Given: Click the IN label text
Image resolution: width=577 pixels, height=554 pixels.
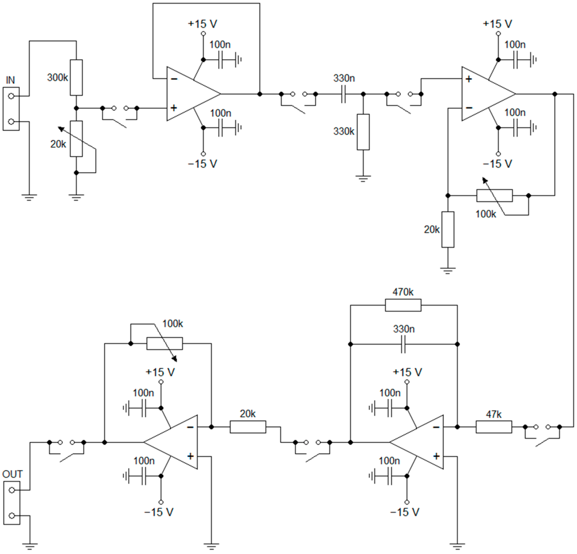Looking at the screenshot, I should (10, 80).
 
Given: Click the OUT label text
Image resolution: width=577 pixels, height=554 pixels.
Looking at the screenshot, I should (12, 474).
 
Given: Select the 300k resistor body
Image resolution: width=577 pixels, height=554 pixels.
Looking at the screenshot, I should (76, 77).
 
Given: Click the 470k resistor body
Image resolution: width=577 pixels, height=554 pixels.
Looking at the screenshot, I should (403, 305).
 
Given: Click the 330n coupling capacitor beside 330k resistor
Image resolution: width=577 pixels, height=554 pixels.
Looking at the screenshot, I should (343, 94).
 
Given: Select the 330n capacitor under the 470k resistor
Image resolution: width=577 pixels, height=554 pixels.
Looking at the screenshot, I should (403, 344).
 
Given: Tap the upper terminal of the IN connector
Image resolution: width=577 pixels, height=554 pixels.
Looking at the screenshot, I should (11, 96).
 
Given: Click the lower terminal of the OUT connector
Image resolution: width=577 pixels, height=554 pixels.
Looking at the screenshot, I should (12, 516).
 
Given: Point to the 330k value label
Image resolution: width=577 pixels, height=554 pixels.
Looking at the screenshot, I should (344, 131).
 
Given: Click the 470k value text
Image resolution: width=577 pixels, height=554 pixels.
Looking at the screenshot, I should (403, 292).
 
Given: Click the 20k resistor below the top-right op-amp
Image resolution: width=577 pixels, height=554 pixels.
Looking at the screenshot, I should (448, 229).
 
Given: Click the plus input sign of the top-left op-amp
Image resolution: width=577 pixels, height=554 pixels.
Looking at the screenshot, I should (174, 108).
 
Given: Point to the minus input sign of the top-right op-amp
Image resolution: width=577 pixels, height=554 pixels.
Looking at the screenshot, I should (469, 108).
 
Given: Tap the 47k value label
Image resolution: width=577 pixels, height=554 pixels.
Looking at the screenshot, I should (494, 414).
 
